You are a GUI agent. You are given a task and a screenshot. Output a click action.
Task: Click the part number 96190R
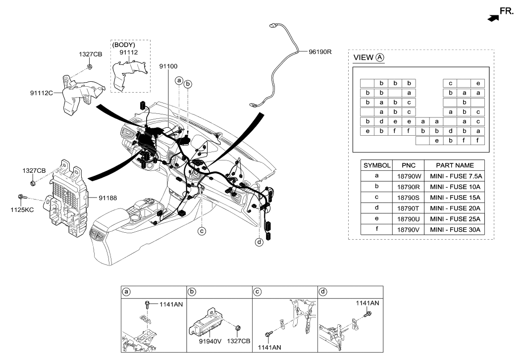click(320, 51)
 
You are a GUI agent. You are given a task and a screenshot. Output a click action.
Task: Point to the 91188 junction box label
click(108, 198)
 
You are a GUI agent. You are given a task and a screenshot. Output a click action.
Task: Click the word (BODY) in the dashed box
click(124, 45)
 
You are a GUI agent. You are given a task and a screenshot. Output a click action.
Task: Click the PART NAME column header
click(455, 165)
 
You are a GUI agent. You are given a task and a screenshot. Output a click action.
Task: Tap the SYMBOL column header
click(377, 165)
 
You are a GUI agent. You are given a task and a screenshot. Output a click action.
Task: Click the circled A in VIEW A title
click(380, 57)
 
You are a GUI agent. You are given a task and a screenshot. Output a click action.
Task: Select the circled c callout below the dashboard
click(202, 230)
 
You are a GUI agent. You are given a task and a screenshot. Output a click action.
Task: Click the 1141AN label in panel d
click(367, 303)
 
